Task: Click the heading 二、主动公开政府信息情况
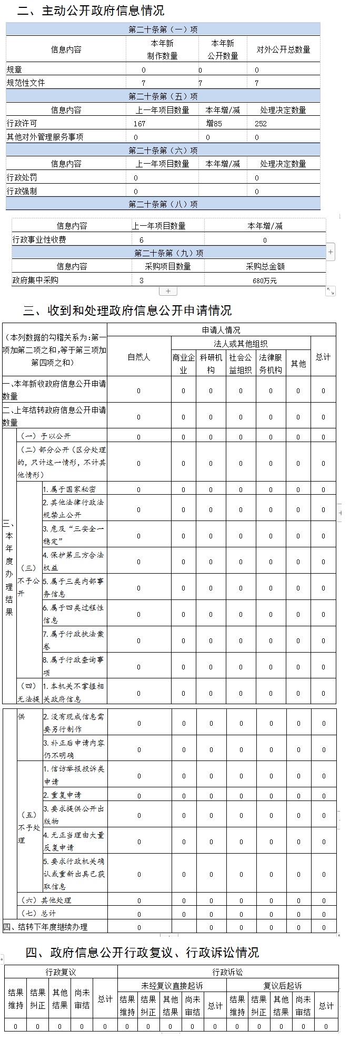91,11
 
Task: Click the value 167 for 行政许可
139,124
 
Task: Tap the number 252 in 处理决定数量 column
261,124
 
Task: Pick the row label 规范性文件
26,83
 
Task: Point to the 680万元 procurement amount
264,281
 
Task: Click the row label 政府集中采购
35,281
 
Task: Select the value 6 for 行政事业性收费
142,240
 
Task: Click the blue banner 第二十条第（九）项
168,253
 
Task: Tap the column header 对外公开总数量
283,49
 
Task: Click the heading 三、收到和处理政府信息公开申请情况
127,310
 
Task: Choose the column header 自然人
139,357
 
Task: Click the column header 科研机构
211,363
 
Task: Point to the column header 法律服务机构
271,363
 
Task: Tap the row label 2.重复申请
62,795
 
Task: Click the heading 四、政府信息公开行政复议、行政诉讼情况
142,952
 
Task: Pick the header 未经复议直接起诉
172,985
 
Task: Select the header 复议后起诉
282,985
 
